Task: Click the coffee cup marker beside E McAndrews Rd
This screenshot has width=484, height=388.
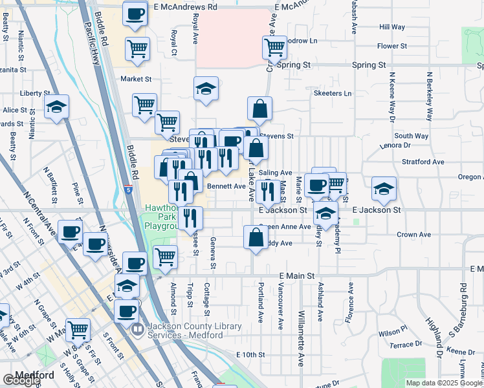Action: (135, 14)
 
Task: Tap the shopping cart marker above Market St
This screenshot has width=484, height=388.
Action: (138, 48)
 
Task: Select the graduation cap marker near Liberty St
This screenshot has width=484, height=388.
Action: (56, 107)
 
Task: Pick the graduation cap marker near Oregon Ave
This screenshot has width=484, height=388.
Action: (384, 188)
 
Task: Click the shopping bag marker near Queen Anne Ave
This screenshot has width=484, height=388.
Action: (254, 237)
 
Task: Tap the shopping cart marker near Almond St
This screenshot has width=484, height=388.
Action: (166, 257)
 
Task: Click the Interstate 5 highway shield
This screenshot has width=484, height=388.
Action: (129, 190)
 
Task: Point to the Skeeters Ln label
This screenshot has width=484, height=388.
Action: (332, 94)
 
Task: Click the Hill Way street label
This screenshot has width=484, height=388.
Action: (392, 27)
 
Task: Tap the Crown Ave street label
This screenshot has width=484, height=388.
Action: (413, 235)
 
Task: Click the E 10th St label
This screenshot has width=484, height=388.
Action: (251, 355)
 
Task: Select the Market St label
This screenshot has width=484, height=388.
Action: (136, 79)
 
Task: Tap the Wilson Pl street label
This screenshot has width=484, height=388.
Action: (393, 332)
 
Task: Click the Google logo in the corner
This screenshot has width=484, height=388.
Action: (21, 380)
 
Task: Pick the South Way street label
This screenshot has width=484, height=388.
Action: (412, 136)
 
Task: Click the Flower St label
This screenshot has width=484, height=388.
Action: (392, 47)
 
